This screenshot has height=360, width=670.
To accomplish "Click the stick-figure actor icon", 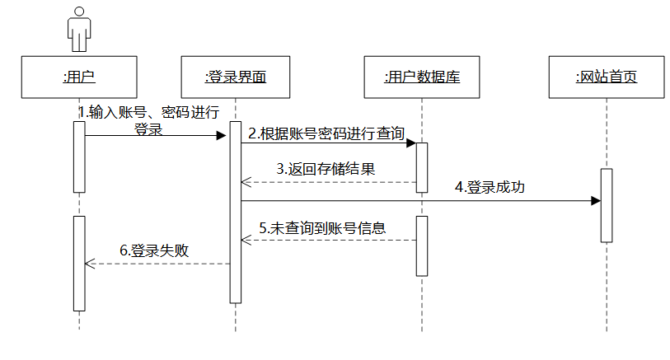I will pos(79,30).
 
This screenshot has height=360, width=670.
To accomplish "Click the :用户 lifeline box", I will pos(79,77).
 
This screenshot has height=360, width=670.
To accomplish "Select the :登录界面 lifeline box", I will pos(235,77).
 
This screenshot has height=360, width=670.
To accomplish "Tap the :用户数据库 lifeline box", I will pos(421,77).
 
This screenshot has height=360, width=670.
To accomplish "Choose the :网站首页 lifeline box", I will pos(606,77).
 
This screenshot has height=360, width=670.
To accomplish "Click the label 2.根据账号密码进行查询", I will pos(326,133).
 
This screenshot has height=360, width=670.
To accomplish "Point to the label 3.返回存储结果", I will pos(326,169).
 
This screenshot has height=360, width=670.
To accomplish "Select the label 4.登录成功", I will pos(490,188).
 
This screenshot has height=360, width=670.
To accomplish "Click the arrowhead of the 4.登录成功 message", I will pos(595,200).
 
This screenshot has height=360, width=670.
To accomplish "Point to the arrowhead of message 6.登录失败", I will pos(90,264).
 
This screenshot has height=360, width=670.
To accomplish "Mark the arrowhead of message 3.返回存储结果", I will pos(246,182).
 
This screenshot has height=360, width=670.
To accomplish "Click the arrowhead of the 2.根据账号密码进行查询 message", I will pos(410,143).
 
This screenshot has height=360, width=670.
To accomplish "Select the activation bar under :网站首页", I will pos(606,205).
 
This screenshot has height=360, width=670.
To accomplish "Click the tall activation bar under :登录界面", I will pos(235,212).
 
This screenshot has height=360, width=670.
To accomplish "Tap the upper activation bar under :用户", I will pos(79,157).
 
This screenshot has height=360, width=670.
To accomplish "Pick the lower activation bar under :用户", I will pos(79,263).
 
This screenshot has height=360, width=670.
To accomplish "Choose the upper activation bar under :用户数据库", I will pos(421,167).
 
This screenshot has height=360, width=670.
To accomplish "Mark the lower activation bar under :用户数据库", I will pos(421,245).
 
